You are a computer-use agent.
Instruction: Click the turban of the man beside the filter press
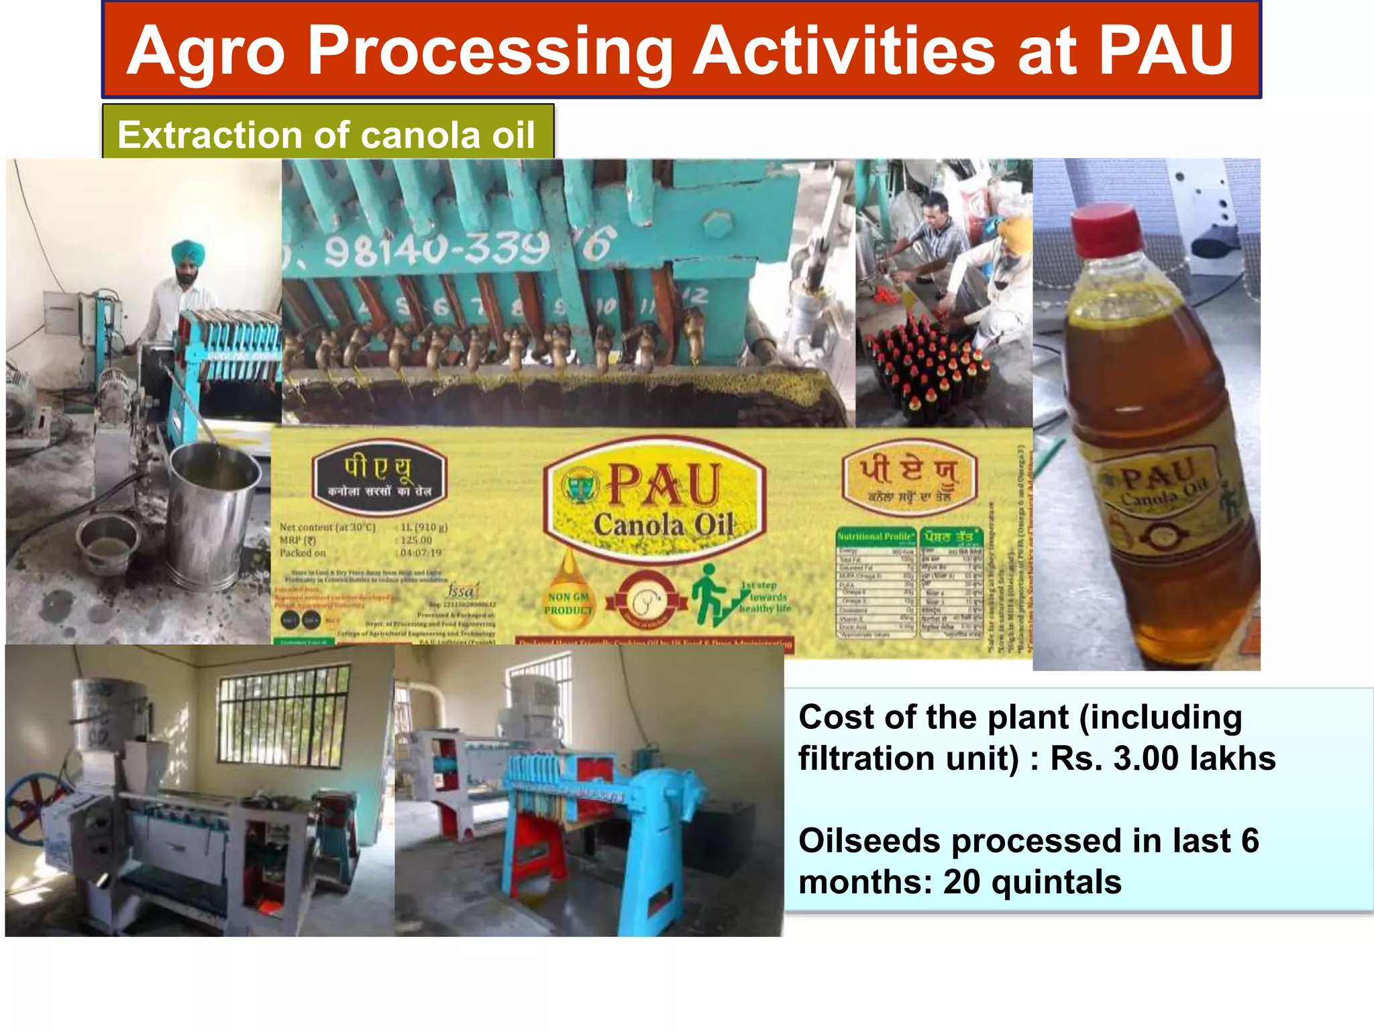point(188,252)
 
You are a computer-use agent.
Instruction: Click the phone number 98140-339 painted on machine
point(436,249)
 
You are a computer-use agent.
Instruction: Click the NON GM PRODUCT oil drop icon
point(568,590)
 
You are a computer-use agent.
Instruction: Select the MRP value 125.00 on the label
point(417,540)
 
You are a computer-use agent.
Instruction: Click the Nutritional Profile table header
point(876,536)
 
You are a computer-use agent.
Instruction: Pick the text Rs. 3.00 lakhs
point(1162,759)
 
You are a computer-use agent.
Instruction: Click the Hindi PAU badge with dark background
point(379,477)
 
